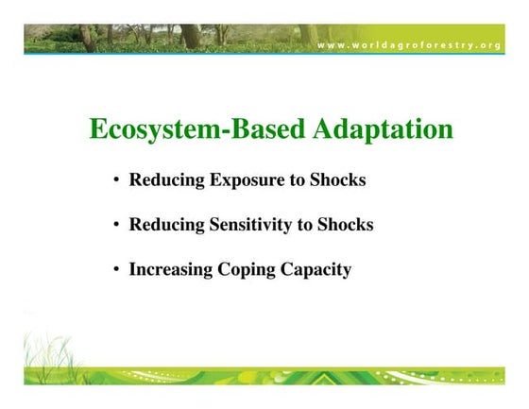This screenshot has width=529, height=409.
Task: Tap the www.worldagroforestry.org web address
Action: tap(408, 45)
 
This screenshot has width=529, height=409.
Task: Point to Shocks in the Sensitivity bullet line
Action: tap(345, 225)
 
